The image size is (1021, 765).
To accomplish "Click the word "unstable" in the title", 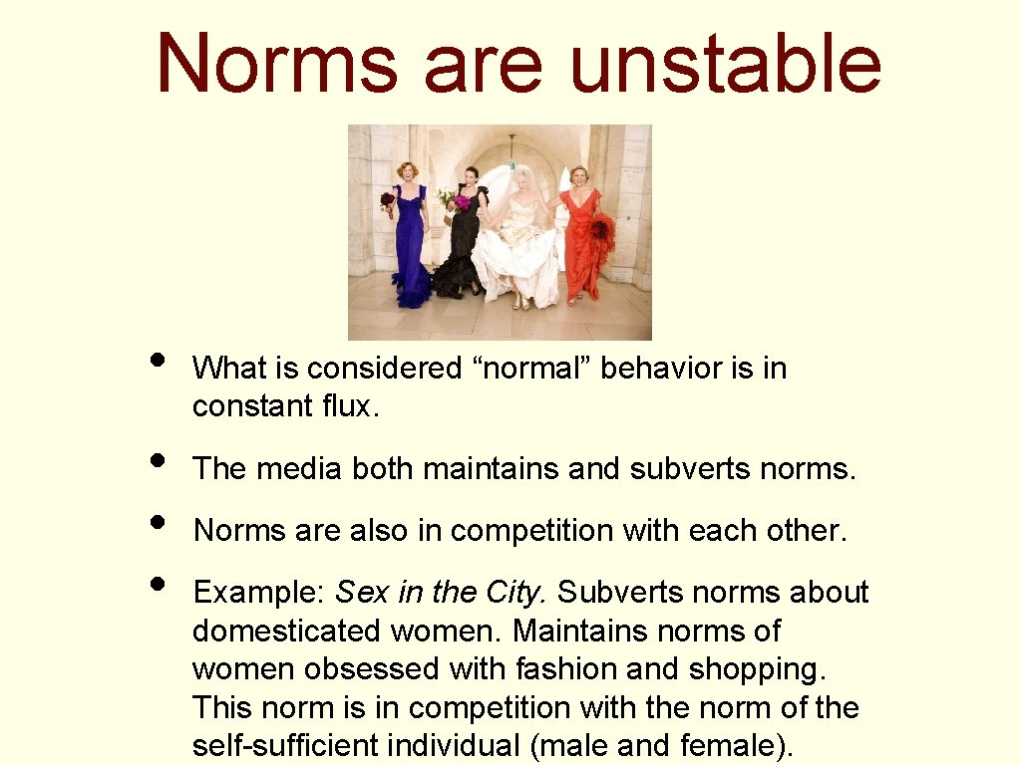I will [x=725, y=62].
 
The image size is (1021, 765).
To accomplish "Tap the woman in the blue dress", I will [x=409, y=234].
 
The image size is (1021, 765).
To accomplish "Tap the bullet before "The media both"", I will [x=157, y=460].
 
